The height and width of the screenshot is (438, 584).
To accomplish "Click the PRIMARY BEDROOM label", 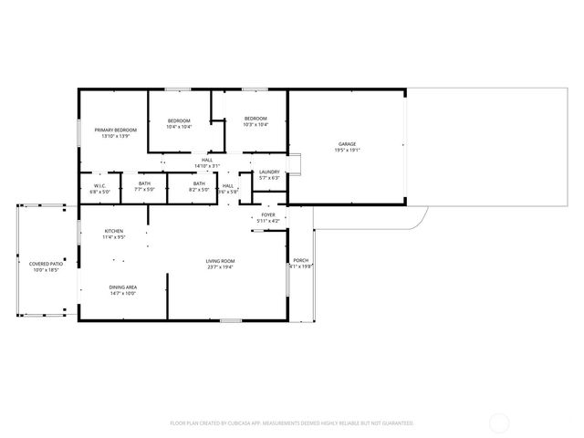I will click(x=116, y=130).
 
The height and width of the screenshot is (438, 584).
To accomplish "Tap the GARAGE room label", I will click(x=347, y=144).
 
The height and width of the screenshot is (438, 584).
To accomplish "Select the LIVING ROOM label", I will click(x=220, y=262).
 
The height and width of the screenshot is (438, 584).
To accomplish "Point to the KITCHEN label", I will click(x=114, y=231).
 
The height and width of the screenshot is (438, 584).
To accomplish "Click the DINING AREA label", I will click(x=122, y=287).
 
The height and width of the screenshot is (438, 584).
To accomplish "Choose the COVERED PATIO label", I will click(x=44, y=265).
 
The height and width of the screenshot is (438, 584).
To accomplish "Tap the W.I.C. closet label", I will click(x=99, y=185).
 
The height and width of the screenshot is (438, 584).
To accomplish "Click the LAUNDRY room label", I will click(x=269, y=172).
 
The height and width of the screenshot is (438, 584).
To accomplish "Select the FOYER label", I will click(x=268, y=214).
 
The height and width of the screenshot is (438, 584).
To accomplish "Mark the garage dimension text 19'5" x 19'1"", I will click(x=347, y=151).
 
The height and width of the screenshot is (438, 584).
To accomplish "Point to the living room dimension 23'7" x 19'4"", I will click(x=220, y=268).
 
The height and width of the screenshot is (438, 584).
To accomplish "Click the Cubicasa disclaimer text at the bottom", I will click(x=292, y=423).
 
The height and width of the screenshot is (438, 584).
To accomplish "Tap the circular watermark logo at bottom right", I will click(x=499, y=422).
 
